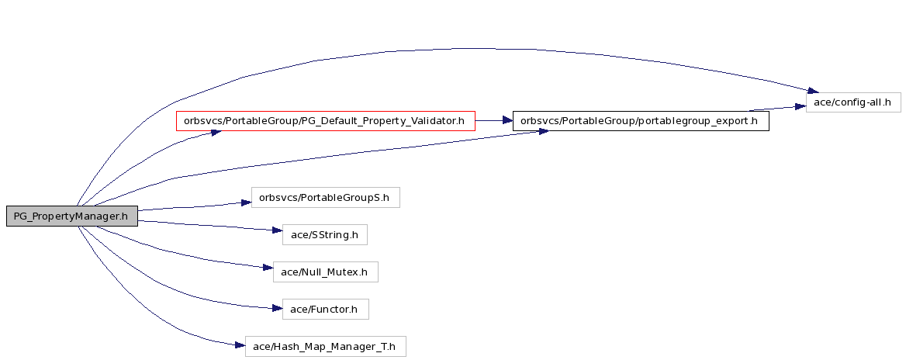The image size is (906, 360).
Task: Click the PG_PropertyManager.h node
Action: pyautogui.click(x=72, y=216)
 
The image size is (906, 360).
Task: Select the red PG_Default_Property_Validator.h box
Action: pyautogui.click(x=325, y=121)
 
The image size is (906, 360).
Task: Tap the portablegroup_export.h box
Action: pyautogui.click(x=641, y=121)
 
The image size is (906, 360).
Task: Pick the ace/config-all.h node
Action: pyautogui.click(x=852, y=102)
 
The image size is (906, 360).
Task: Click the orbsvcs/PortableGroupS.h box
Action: pyautogui.click(x=325, y=198)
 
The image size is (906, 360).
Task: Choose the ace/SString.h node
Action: pyautogui.click(x=325, y=234)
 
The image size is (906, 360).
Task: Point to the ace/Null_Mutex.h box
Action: pyautogui.click(x=325, y=272)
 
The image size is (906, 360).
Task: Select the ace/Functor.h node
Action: pyautogui.click(x=325, y=309)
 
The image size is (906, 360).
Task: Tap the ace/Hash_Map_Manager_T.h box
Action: pyautogui.click(x=325, y=346)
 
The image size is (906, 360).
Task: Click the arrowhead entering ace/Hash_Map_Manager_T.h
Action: pyautogui.click(x=240, y=345)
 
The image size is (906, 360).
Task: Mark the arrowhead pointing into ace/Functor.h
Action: pyautogui.click(x=277, y=309)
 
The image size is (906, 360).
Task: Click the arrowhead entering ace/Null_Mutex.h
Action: pyautogui.click(x=268, y=268)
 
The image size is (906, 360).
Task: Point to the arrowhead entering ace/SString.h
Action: pyautogui.click(x=277, y=230)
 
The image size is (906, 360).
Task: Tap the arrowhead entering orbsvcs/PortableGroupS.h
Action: pyautogui.click(x=246, y=202)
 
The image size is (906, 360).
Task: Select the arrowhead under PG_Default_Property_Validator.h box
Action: pyautogui.click(x=216, y=133)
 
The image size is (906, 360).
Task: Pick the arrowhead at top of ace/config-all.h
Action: pyautogui.click(x=812, y=91)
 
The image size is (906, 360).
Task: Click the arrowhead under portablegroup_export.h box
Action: pyautogui.click(x=542, y=132)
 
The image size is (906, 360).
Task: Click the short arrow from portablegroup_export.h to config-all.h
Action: pyautogui.click(x=778, y=109)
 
